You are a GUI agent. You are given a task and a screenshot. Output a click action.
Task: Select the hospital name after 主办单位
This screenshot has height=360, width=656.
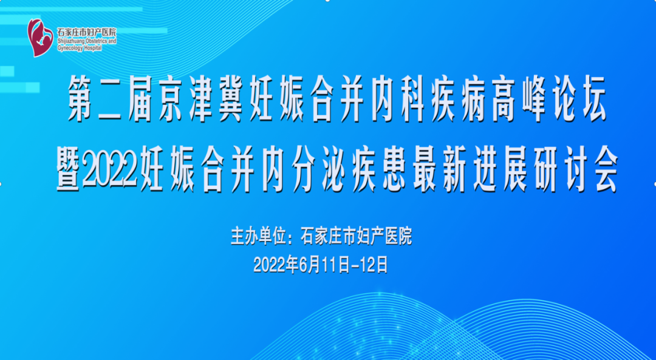pyautogui.click(x=357, y=236)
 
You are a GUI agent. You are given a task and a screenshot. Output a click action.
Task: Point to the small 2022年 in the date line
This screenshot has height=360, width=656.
pyautogui.click(x=276, y=265)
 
